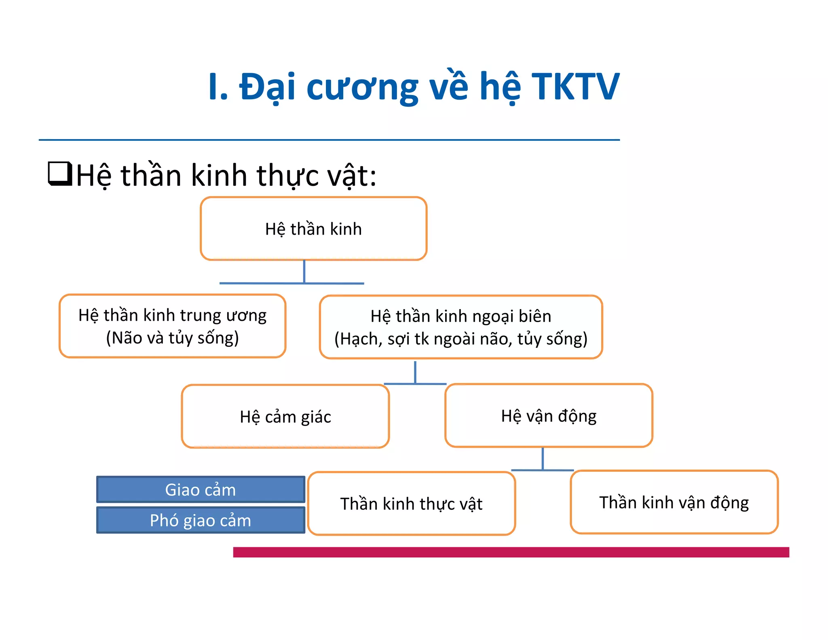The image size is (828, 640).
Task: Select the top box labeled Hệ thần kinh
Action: coord(313,229)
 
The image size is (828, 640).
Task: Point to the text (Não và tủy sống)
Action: coord(172,338)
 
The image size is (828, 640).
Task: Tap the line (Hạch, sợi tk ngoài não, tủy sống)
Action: coord(461,339)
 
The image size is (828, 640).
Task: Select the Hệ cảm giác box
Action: coord(285,416)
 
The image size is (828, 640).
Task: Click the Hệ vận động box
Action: coord(549,415)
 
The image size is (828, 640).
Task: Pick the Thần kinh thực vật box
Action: coord(411,503)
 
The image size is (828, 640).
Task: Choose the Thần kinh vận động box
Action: coord(674,502)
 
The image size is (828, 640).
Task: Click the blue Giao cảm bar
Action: coord(201,490)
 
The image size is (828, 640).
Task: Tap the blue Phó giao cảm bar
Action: coord(201,520)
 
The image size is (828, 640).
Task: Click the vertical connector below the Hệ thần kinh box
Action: coord(304,271)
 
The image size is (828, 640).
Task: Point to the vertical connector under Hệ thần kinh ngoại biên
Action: coord(415,372)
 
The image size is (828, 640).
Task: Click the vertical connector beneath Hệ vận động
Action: coord(543,458)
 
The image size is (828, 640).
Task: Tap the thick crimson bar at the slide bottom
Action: coord(511,552)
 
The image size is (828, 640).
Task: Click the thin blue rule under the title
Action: coord(329,140)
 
